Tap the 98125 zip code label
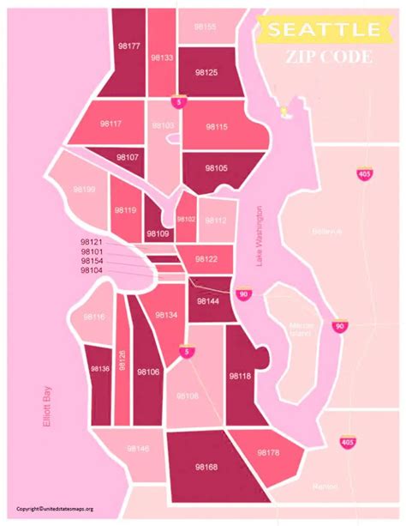click(206, 73)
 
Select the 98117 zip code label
click(110, 124)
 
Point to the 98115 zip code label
click(216, 126)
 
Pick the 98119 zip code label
click(125, 209)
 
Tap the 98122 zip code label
click(206, 258)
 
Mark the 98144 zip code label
click(208, 301)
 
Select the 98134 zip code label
click(165, 316)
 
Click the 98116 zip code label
click(94, 317)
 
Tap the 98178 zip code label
click(268, 451)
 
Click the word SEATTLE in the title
click(323, 30)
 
